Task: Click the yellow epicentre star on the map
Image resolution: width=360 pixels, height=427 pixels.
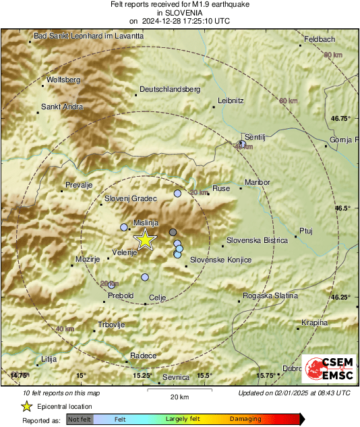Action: pos(144,239)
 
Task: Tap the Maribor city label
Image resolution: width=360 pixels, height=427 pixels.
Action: pos(258,183)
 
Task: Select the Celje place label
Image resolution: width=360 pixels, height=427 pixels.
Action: pos(157,297)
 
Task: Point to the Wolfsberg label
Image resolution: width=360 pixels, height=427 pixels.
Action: pos(64,80)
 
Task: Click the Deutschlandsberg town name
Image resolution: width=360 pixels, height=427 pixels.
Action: pos(170,89)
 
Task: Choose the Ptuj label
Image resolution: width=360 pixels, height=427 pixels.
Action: pos(306,231)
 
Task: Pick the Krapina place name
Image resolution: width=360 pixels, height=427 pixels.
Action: pos(314,323)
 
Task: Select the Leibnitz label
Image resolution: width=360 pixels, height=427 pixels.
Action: pos(231,101)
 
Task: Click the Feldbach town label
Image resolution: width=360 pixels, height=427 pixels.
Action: pos(319,39)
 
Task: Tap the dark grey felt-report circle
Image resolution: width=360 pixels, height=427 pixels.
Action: pos(173,232)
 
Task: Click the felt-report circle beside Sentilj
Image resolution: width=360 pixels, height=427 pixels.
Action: pos(242,144)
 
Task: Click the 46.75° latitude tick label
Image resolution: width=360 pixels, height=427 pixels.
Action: pos(342,118)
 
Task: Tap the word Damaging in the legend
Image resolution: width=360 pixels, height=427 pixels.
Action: pos(245,419)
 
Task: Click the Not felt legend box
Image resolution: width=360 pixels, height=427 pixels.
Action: pos(80,419)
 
